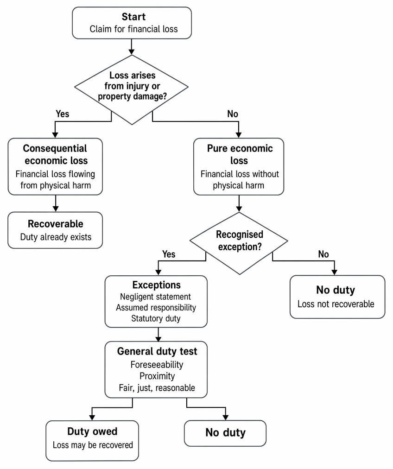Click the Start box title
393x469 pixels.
133,17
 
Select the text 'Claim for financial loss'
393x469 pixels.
133,29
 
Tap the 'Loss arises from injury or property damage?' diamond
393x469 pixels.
132,89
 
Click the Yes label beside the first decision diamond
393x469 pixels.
62,114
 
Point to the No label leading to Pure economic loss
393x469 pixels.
232,114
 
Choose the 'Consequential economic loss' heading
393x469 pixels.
55,154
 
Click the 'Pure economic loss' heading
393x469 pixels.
240,154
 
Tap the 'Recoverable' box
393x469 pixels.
55,230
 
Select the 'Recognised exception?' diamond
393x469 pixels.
239,243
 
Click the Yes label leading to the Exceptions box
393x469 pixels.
169,254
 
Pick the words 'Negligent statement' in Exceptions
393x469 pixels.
155,297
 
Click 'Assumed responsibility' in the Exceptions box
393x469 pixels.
156,307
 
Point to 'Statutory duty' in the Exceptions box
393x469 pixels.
156,318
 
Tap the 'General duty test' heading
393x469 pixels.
157,351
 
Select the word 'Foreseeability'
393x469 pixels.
157,365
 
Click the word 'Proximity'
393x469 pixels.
157,376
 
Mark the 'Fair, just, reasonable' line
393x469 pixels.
157,387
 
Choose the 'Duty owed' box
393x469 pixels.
92,441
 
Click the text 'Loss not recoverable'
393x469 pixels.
336,304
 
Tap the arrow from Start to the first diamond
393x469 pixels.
131,47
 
